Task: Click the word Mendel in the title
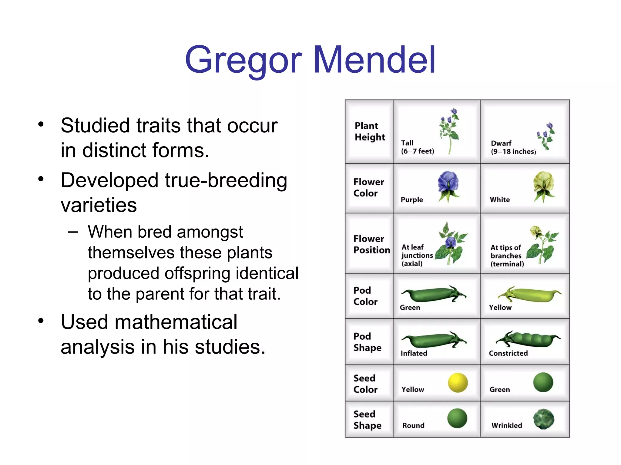tap(375, 60)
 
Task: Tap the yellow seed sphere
tap(458, 383)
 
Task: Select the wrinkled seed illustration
tap(544, 419)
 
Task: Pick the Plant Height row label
tap(370, 131)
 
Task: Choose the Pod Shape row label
tap(367, 342)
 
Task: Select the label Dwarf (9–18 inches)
tap(513, 147)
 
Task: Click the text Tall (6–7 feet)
tap(417, 147)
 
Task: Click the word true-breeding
tap(226, 180)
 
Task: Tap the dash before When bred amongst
tap(73, 232)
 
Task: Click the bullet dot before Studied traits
tap(41, 124)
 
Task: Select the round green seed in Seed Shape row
tap(457, 418)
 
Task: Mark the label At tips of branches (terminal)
tap(507, 256)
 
